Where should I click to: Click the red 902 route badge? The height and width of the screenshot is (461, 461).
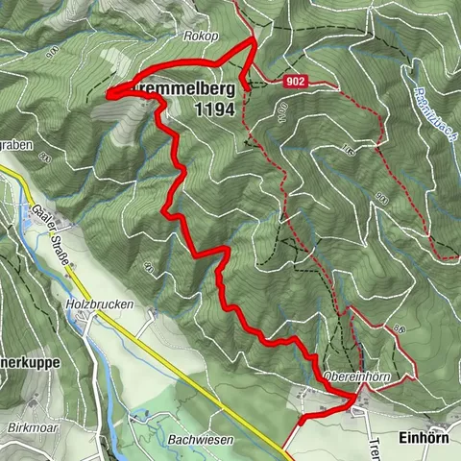coord(295,83)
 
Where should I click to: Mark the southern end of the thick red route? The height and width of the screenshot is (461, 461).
coord(301,420)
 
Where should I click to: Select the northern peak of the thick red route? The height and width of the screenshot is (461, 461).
coord(253,39)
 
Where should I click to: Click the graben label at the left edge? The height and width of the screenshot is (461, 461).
coord(17,147)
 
